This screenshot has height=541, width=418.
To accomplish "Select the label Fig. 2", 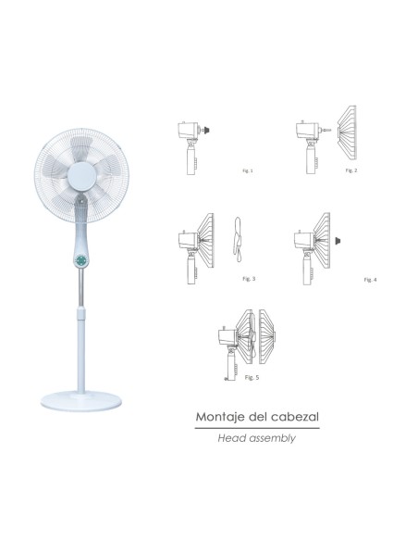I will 349,171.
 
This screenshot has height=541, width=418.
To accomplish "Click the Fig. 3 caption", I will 246,277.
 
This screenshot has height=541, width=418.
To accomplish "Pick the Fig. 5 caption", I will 251,378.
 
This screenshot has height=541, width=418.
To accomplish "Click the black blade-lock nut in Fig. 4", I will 341,239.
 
